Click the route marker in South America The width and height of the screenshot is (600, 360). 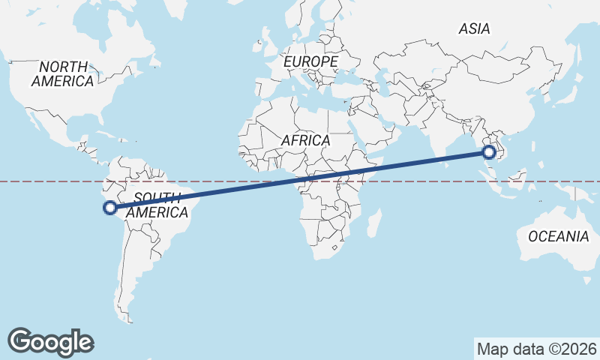click(109, 208)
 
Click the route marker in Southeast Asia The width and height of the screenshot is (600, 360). click(489, 153)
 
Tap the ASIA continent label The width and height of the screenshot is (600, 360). click(474, 28)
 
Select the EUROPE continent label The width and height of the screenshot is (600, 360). click(311, 61)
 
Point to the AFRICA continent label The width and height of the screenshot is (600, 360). click(305, 140)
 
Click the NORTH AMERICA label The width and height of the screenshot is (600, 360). click(63, 73)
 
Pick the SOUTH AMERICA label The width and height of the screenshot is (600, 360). click(157, 205)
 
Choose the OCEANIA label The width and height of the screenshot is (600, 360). click(558, 236)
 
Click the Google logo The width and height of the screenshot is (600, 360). click(50, 341)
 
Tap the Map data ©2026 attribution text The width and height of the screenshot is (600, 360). click(536, 349)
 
